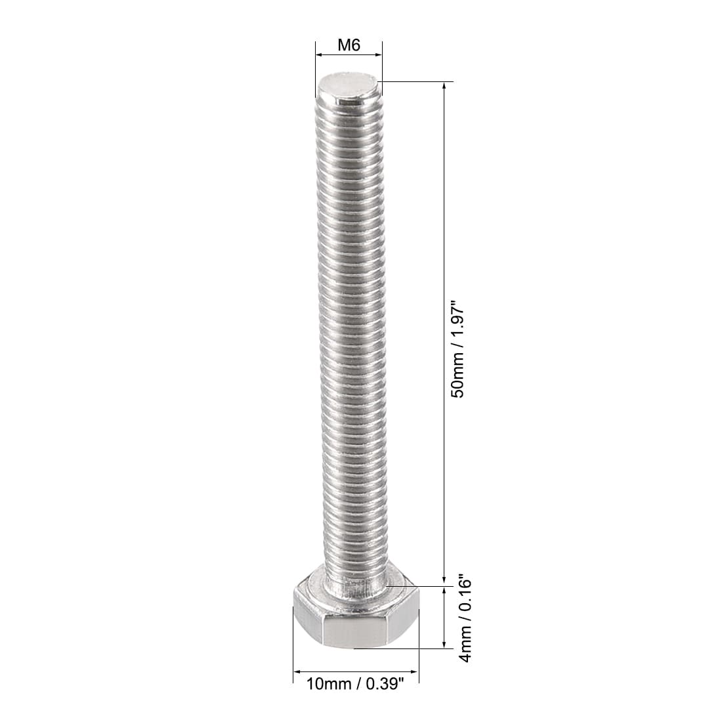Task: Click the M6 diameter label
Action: [x=349, y=45]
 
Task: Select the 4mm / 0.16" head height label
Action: [x=465, y=620]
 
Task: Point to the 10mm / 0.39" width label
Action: [x=356, y=684]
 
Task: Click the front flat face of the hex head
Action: [x=356, y=632]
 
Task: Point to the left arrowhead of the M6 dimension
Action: [x=319, y=54]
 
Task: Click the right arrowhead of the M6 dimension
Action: [x=379, y=54]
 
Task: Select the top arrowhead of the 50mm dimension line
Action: [x=444, y=86]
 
